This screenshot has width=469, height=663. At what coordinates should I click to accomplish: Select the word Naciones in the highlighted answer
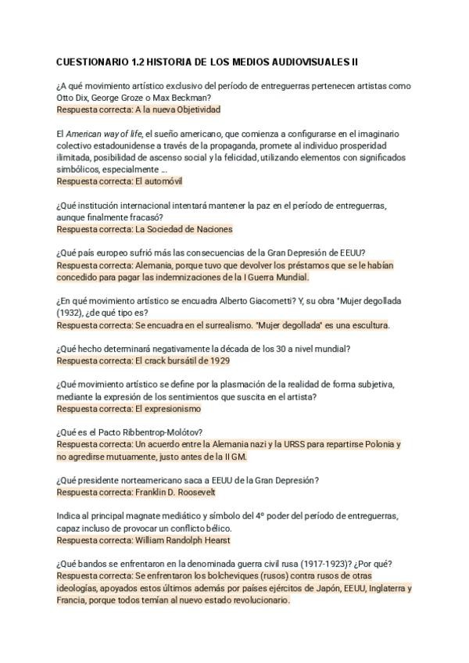[x=212, y=229]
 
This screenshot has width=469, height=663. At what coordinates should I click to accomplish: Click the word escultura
[x=367, y=325]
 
